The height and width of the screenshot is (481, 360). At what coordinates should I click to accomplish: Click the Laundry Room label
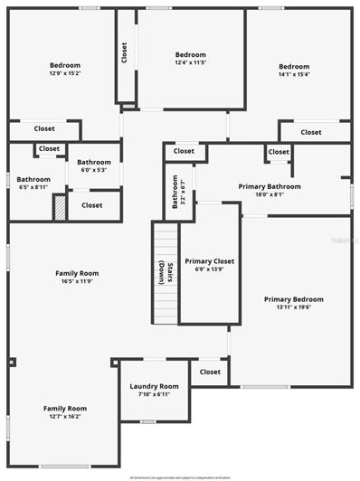[155, 386]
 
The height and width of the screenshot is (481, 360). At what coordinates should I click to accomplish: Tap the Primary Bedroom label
[293, 299]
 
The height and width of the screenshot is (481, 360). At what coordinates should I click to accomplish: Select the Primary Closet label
[210, 261]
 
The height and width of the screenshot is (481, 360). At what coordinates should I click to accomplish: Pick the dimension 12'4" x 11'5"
[191, 62]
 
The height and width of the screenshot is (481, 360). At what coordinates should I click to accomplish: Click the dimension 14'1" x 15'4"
[294, 74]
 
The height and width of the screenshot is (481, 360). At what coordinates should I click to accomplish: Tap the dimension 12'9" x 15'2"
[65, 73]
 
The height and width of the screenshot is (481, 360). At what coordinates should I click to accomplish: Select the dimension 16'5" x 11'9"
[77, 281]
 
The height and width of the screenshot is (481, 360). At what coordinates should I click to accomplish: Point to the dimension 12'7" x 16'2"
[65, 417]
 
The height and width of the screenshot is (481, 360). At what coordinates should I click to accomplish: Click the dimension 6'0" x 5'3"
[94, 169]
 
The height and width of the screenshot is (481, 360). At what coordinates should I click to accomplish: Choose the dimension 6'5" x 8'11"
[33, 187]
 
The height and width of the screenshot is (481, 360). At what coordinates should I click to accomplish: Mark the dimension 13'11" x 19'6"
[293, 307]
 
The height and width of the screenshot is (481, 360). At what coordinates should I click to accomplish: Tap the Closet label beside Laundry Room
[210, 372]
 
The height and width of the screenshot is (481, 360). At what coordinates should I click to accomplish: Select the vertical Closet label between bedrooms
[124, 53]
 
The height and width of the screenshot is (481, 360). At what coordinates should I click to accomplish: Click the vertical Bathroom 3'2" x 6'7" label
[178, 191]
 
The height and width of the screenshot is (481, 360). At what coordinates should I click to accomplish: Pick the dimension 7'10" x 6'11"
[155, 394]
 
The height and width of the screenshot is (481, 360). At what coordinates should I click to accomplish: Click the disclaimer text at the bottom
[180, 476]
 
